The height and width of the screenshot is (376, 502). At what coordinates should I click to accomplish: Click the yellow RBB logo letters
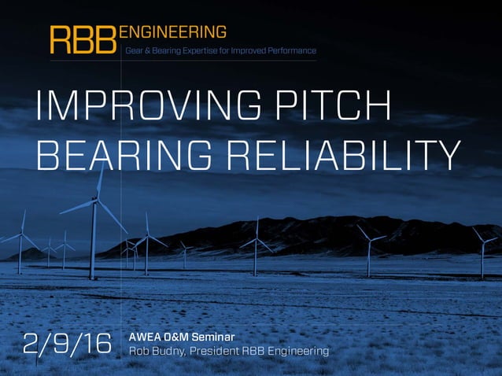tap(83, 40)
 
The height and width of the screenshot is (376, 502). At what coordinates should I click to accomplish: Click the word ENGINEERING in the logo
tap(172, 31)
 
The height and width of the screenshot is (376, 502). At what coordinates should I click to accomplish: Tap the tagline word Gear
tap(135, 50)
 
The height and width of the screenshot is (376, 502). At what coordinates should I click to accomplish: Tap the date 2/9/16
tap(67, 344)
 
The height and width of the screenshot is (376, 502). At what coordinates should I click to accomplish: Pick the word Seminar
tap(211, 337)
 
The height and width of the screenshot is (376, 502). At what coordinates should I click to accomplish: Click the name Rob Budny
tap(154, 351)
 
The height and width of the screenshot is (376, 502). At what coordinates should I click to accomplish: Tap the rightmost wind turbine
tap(482, 252)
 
